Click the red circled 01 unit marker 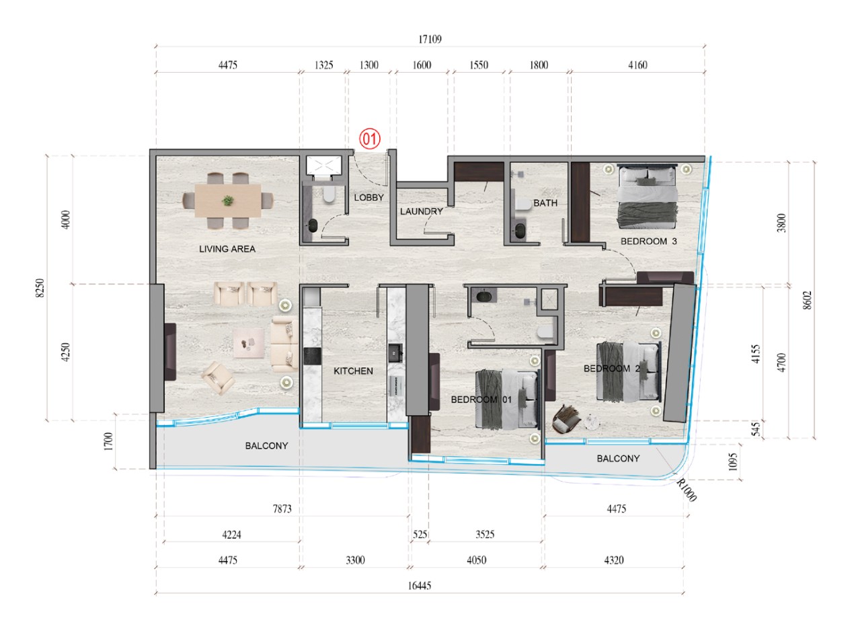tap(370, 139)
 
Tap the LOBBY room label tap(369, 198)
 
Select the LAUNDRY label tap(422, 211)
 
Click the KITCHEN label tap(353, 371)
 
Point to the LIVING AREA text tap(227, 249)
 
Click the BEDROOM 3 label tap(649, 241)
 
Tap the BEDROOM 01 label tap(481, 400)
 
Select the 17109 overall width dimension tap(430, 39)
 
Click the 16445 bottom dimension tap(420, 586)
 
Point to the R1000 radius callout tap(686, 490)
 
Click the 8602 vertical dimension tap(808, 300)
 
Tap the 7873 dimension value tap(282, 509)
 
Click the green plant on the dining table tap(228, 200)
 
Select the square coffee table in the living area tap(249, 343)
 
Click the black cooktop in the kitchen tap(312, 356)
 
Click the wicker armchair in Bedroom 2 tap(566, 419)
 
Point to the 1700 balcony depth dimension tap(109, 441)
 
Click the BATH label tap(545, 203)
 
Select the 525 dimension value tap(420, 534)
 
